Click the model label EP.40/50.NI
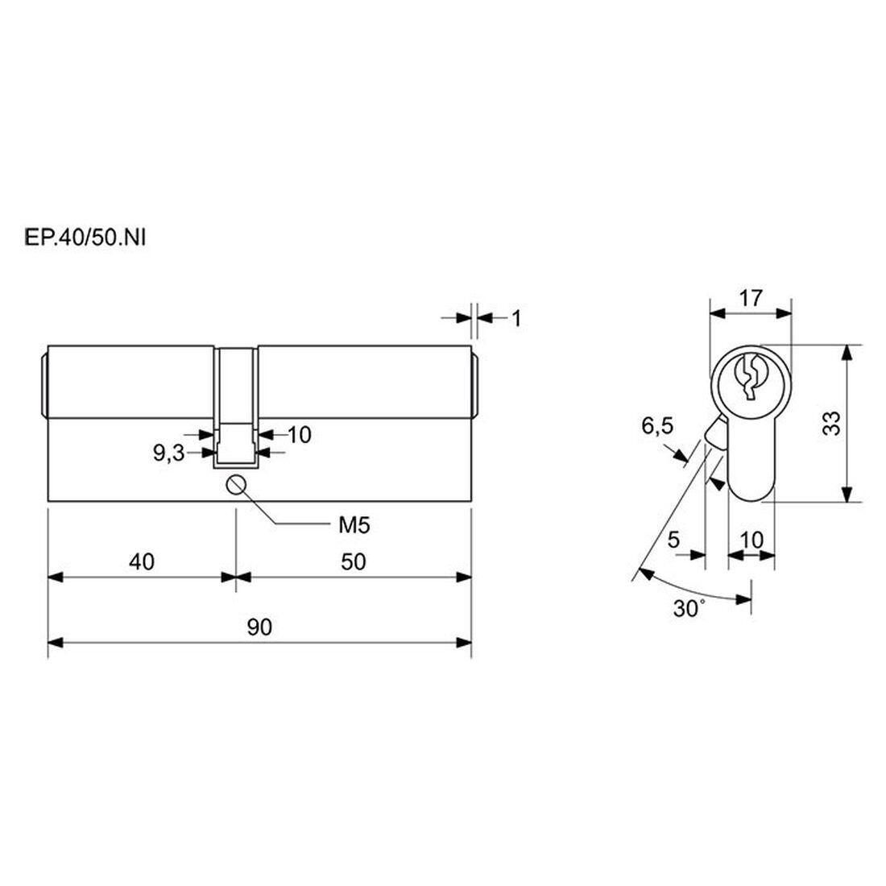tap(85, 238)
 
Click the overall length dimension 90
tap(259, 627)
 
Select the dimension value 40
tap(141, 561)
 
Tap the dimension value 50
tap(353, 561)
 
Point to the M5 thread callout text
tap(354, 525)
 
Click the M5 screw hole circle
tap(236, 484)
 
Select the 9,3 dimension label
tap(168, 453)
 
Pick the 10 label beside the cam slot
tap(300, 434)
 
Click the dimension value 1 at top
tap(515, 319)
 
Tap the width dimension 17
tap(751, 298)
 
